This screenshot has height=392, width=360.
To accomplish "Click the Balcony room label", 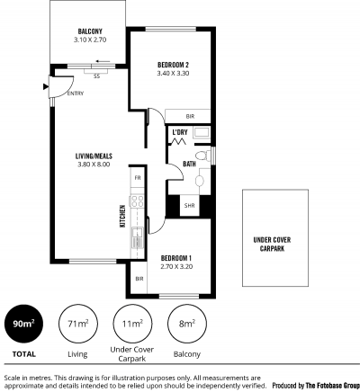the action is coord(90,31).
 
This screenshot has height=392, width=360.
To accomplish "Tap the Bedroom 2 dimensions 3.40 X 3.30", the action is coord(173,74).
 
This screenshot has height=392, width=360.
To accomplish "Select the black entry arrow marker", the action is coord(46,87).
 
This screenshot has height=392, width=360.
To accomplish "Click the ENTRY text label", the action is coord(76,94).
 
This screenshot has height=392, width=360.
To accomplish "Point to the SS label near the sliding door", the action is coord(96,76).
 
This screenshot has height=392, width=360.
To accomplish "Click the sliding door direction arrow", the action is coord(103,62).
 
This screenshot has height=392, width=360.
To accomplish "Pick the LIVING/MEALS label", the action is coord(94,156).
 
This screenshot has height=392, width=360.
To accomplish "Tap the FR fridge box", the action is coord(138,177).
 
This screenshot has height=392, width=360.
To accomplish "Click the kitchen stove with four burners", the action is coord(138,200).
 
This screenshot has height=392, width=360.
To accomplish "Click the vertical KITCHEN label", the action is coord(122,216).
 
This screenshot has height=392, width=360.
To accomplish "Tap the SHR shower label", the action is coord(189,206).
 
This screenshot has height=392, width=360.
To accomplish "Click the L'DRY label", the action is coord(180,132).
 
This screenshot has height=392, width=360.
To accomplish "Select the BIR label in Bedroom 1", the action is coord(139,279).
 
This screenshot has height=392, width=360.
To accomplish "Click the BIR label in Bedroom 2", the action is coord(190,117).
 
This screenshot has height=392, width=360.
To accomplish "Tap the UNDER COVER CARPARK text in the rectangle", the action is coord(272,244).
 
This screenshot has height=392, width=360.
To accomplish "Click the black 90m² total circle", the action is coord(23,324).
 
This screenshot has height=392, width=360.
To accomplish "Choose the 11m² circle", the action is coord(132,324).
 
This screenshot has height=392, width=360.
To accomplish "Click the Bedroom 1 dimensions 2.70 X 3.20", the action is coord(176,267).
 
